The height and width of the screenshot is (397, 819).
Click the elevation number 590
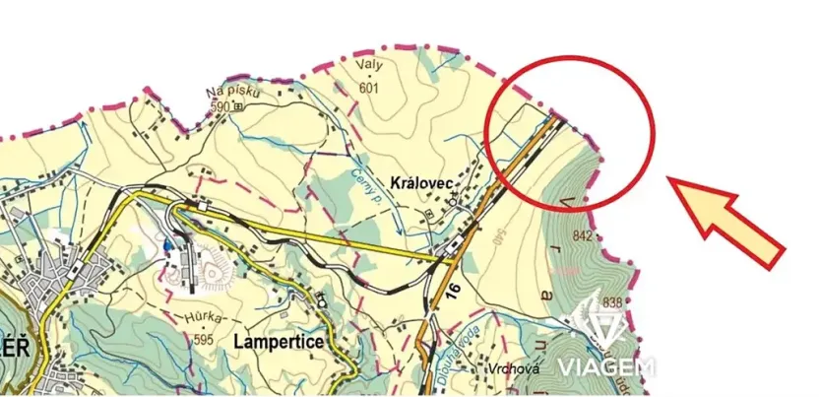pos(219,106)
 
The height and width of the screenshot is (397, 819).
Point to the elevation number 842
pos(581,235)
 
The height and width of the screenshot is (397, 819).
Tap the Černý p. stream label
pos(368,187)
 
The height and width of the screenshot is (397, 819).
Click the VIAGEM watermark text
pos(606,368)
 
